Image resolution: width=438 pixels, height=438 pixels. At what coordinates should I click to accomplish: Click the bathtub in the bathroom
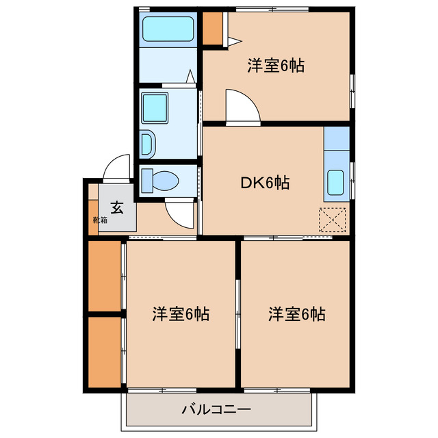tap(168, 31)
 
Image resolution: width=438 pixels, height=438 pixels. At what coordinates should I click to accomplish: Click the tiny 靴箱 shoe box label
tap(100, 220)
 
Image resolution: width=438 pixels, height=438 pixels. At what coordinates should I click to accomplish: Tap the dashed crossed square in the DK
tap(333, 219)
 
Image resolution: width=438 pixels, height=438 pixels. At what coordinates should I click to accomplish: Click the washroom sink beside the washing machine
tap(148, 143)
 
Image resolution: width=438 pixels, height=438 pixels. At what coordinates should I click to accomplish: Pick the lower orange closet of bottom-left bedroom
tap(105, 350)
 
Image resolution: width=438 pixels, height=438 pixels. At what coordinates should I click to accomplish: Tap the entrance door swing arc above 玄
tap(117, 168)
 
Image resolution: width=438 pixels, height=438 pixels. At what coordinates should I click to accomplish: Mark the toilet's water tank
tap(147, 181)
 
